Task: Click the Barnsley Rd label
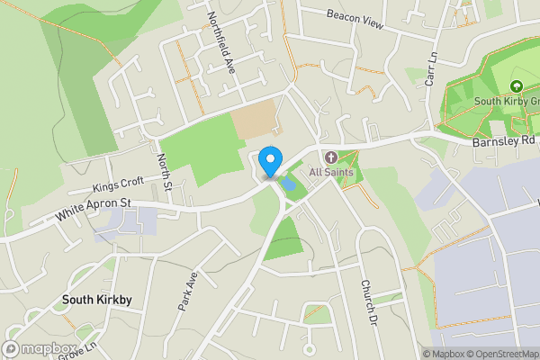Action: click(502, 141)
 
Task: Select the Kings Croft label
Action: click(118, 185)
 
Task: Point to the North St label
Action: click(164, 172)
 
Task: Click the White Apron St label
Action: click(94, 211)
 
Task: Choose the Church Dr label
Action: click(367, 301)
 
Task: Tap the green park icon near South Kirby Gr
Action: click(517, 86)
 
